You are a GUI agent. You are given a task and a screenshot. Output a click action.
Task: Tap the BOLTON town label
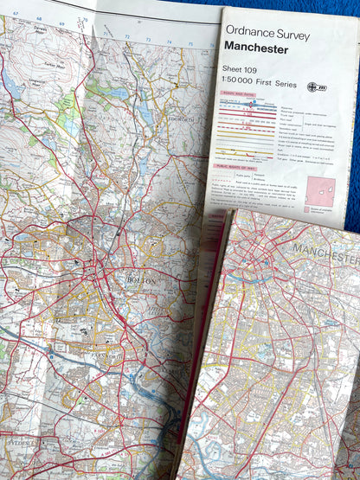coord(141,281)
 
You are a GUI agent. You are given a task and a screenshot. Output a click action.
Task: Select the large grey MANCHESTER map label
coord(325,253)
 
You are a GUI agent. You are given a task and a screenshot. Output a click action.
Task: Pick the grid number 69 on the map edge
coord(60,15)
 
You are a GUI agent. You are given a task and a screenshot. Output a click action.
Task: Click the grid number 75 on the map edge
coord(190,42)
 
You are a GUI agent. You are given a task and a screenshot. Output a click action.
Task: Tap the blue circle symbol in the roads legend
coord(252,104)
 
